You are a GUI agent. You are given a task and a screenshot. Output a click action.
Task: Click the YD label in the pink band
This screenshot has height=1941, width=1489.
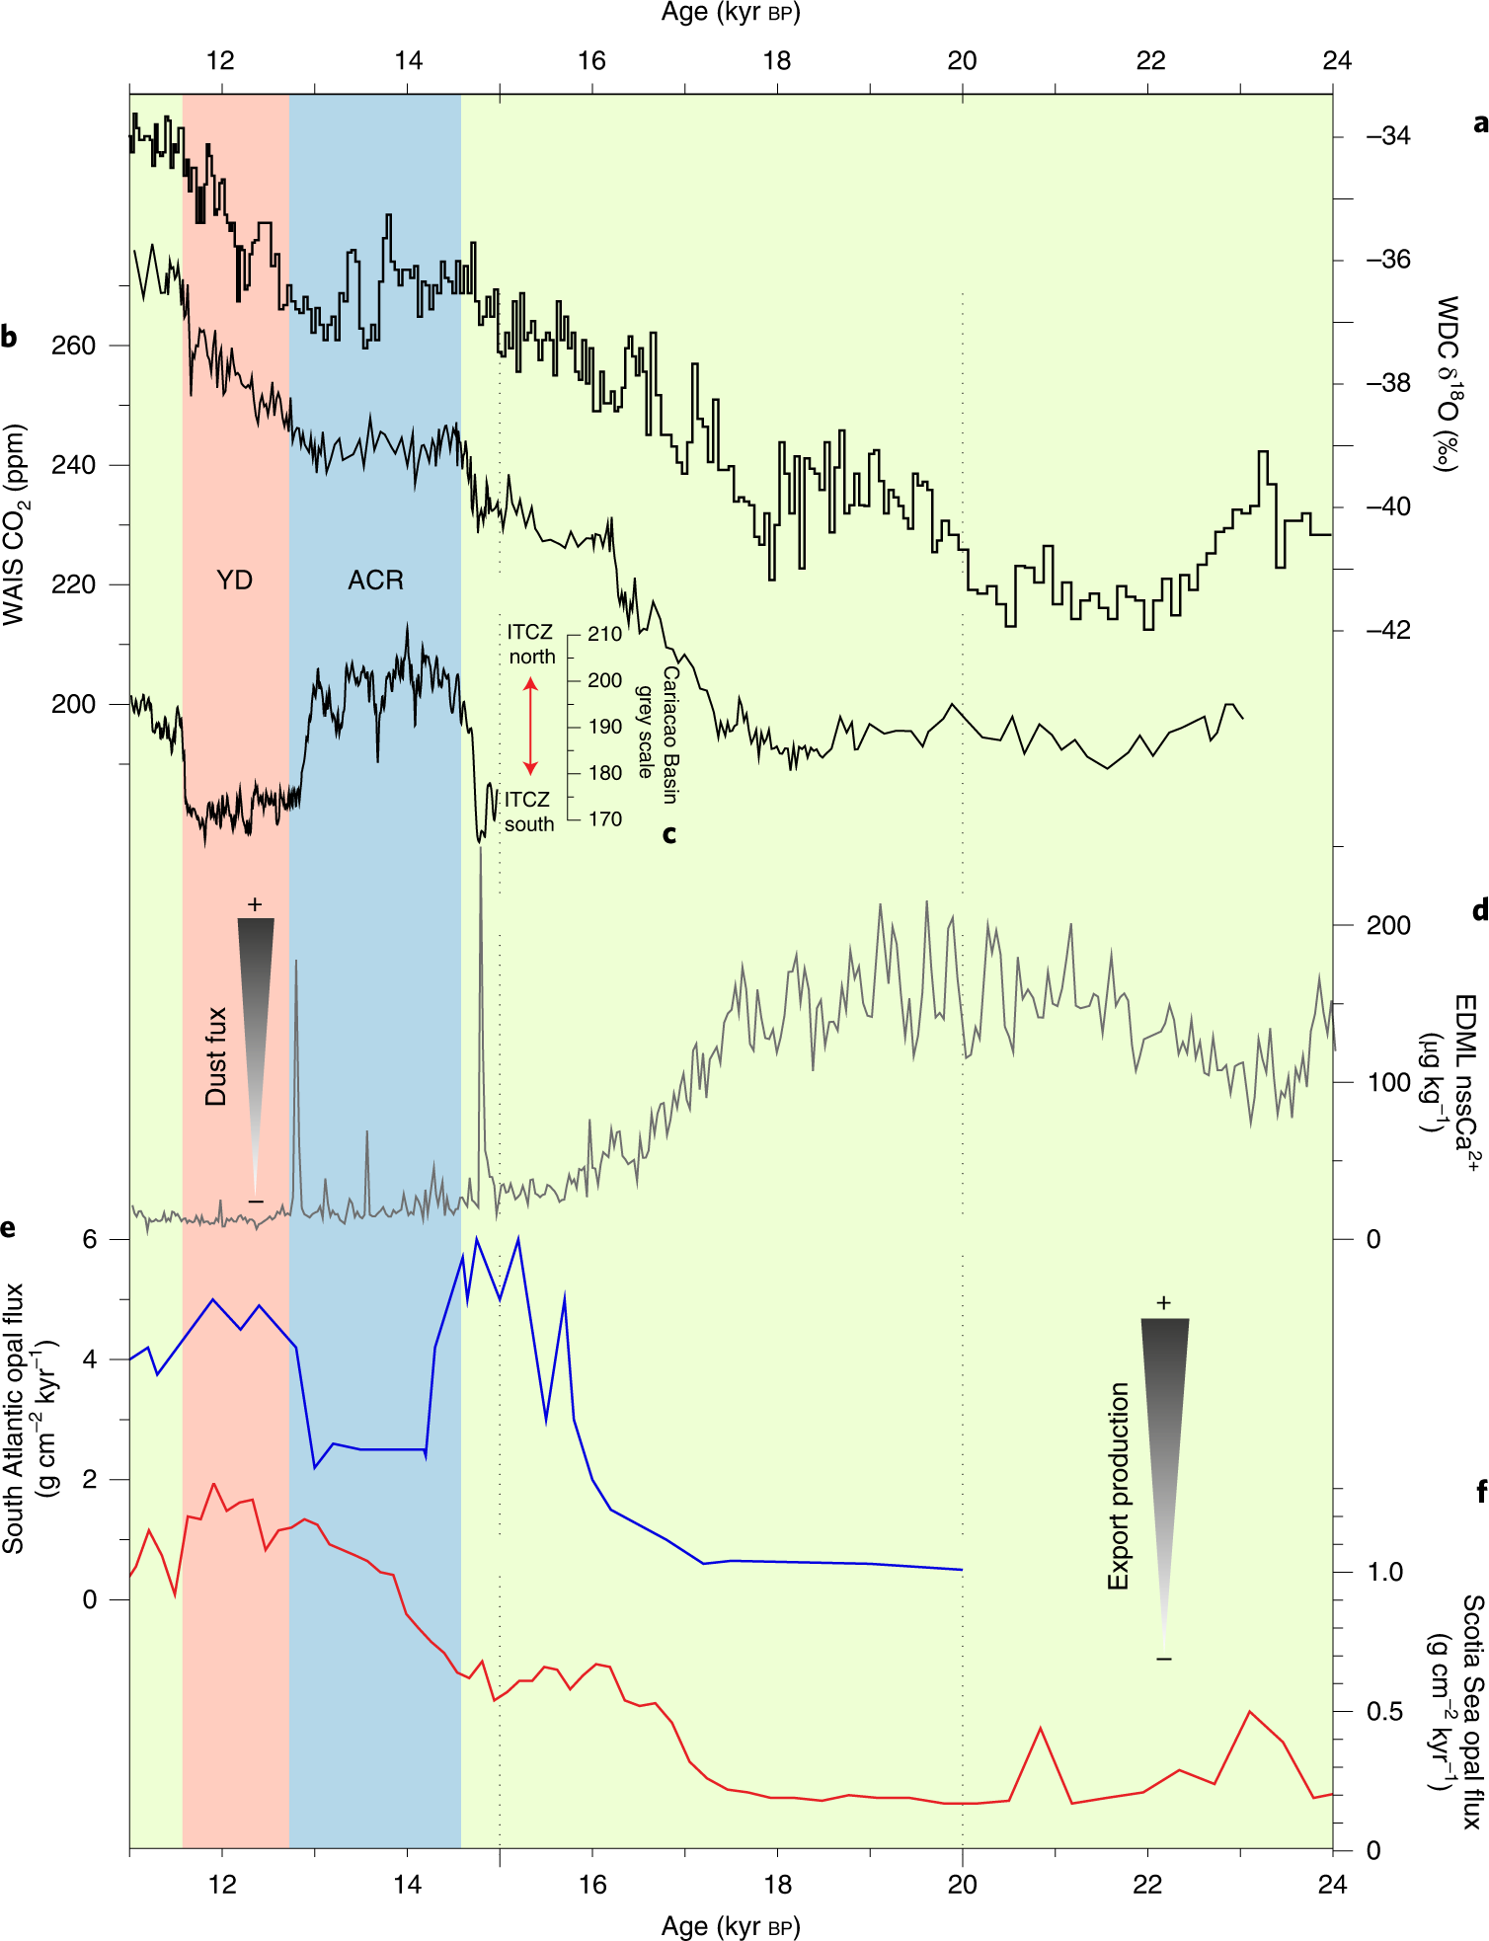pos(234,580)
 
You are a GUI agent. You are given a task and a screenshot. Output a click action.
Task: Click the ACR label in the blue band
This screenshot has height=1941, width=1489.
pos(375,580)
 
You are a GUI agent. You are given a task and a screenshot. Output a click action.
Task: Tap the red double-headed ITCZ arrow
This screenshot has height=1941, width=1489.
pos(530,726)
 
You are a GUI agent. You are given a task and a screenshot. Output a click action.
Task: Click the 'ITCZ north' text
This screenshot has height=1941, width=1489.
pos(530,644)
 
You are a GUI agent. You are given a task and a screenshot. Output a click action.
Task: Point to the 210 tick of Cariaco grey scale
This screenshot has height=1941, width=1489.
pos(604,634)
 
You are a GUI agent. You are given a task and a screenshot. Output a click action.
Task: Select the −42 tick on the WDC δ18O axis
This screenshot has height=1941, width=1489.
pos(1387,630)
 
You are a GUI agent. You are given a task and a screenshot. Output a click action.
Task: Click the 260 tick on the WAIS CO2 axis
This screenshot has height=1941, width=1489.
pos(74,346)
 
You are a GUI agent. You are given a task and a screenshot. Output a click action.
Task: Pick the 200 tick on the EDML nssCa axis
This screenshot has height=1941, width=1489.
pos(1387,925)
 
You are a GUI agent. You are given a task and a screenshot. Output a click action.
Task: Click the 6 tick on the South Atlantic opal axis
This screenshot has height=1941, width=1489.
pos(90,1239)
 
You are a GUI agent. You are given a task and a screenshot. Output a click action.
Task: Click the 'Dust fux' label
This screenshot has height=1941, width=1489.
pos(216,1056)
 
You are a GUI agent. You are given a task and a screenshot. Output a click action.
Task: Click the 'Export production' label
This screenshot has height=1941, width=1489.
pos(1118,1486)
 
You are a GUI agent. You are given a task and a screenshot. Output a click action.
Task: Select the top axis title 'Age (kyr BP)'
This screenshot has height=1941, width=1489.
pos(731,13)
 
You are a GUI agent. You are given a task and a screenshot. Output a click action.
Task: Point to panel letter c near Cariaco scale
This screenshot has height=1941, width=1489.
pos(669,834)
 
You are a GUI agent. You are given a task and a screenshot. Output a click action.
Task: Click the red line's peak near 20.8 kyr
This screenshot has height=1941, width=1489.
pos(1041,1729)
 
